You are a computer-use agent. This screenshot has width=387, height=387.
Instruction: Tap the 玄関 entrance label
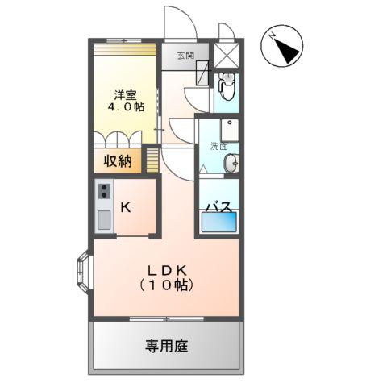(185, 56)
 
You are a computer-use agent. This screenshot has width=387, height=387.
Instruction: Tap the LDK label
(165, 270)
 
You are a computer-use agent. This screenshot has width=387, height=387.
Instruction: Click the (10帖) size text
(165, 285)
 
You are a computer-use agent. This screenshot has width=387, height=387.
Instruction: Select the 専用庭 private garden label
(166, 346)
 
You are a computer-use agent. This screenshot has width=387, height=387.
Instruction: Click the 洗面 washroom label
(218, 147)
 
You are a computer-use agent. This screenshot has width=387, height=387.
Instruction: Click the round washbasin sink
(231, 163)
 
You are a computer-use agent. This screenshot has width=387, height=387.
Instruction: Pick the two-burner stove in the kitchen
(104, 192)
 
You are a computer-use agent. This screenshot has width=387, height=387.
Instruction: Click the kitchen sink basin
(104, 218)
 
